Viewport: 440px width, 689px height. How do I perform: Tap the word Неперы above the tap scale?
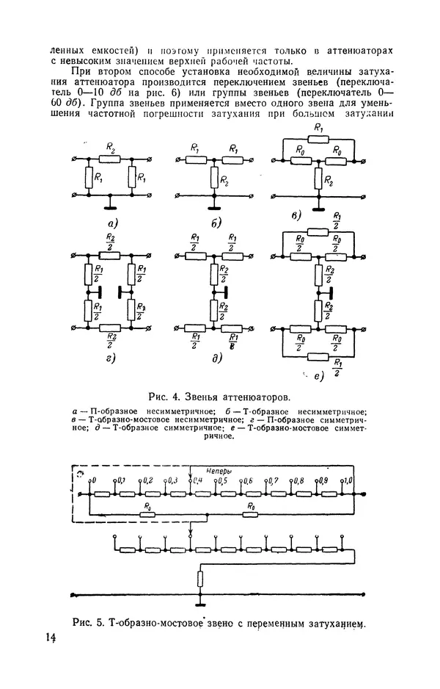pyautogui.click(x=220, y=469)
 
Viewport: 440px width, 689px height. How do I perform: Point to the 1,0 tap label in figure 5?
pyautogui.click(x=348, y=480)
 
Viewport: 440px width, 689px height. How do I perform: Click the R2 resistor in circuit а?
pyautogui.click(x=110, y=159)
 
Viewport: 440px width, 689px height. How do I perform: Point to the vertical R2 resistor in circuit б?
pyautogui.click(x=214, y=177)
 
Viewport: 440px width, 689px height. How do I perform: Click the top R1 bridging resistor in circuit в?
pyautogui.click(x=317, y=139)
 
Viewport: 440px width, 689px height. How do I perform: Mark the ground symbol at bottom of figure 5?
pyautogui.click(x=199, y=599)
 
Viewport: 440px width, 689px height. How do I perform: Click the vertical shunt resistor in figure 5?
pyautogui.click(x=199, y=580)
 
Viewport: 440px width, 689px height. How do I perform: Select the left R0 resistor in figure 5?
pyautogui.click(x=148, y=513)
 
